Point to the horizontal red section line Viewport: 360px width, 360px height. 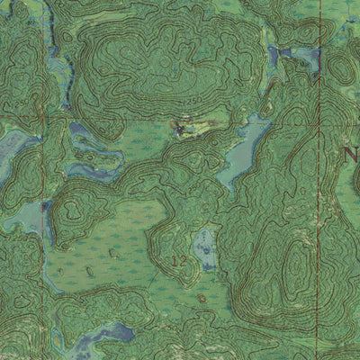point(135,118)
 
